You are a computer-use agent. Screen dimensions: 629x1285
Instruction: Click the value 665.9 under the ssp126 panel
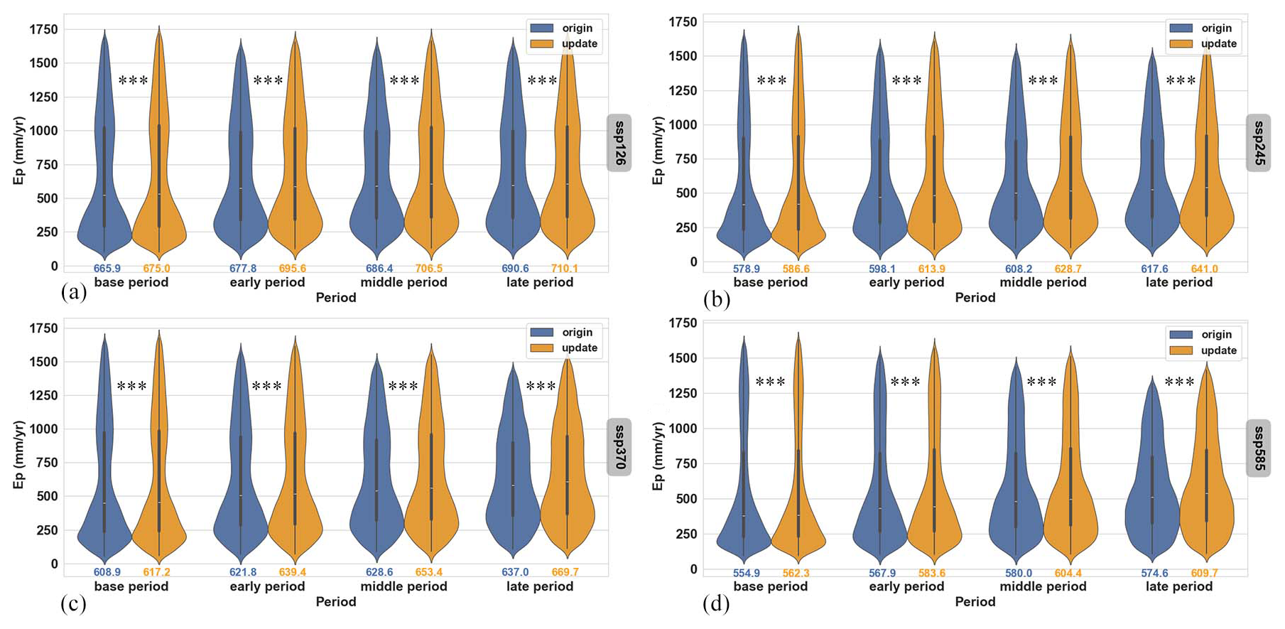tap(107, 269)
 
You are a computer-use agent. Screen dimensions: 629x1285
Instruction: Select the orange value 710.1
tap(565, 269)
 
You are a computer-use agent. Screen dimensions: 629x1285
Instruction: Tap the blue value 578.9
tap(747, 269)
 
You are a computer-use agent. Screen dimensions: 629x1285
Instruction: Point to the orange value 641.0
tap(1204, 269)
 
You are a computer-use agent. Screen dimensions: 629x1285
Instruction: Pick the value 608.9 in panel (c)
tap(107, 572)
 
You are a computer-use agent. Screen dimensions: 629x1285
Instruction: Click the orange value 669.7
tap(565, 572)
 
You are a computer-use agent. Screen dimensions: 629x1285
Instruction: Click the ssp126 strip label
tap(619, 143)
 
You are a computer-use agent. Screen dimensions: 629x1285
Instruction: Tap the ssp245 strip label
tap(1258, 143)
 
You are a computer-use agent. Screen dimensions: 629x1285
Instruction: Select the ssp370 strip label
tap(619, 447)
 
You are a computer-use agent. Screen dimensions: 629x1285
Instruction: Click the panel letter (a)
tap(74, 292)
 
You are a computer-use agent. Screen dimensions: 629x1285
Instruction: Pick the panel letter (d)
tap(716, 604)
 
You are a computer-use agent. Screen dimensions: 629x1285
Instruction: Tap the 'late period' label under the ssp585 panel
tap(1178, 586)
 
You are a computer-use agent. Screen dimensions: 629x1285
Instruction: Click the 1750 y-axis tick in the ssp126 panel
tap(43, 30)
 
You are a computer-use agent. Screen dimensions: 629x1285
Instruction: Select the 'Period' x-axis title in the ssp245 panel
tap(975, 298)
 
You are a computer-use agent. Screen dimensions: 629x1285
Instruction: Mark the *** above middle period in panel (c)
tap(403, 387)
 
